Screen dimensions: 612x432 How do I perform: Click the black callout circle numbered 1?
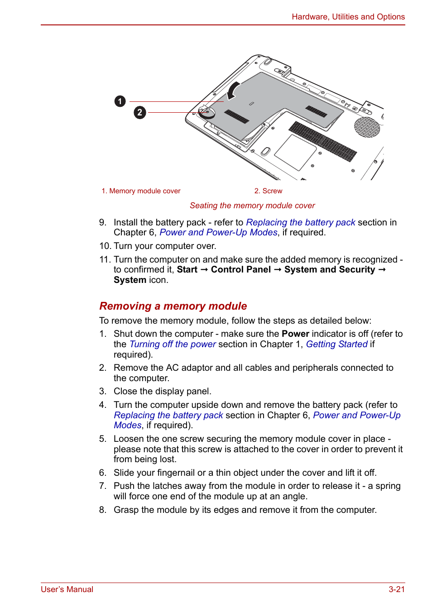(x=120, y=101)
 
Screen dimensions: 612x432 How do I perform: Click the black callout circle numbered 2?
(x=140, y=112)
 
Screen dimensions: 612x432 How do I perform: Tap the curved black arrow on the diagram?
(x=233, y=90)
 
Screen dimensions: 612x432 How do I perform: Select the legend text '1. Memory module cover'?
(x=141, y=191)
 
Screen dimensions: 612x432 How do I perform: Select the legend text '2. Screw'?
(x=268, y=191)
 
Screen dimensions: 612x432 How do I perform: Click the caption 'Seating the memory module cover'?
(x=252, y=206)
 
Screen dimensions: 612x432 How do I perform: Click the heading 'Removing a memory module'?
(x=173, y=306)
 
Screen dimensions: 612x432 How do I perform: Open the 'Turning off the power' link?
(x=173, y=344)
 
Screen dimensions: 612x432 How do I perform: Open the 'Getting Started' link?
(x=336, y=344)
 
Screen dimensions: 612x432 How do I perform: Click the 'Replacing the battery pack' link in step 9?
(x=300, y=222)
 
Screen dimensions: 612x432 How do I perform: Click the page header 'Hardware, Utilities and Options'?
(x=348, y=17)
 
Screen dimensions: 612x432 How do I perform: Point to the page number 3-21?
(x=396, y=589)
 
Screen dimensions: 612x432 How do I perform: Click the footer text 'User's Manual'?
(x=67, y=589)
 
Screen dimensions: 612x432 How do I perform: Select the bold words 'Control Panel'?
(x=240, y=270)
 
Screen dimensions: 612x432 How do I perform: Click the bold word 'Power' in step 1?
(x=295, y=334)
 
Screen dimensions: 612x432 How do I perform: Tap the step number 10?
(x=105, y=246)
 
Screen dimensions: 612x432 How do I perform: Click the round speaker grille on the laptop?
(x=367, y=127)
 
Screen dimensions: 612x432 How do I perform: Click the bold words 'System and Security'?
(x=330, y=270)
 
